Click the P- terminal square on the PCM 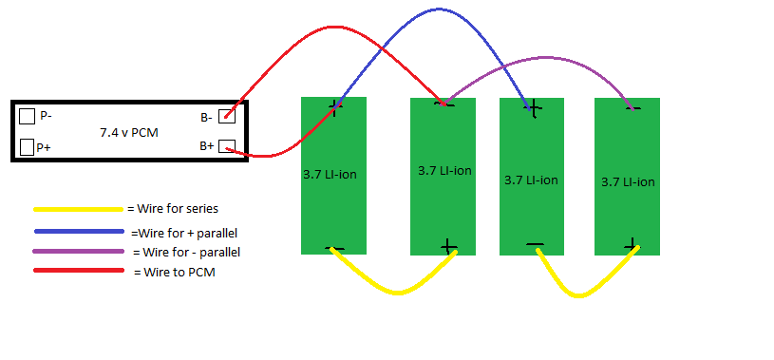point(28,117)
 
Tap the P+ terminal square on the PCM point(28,146)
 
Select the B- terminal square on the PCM point(227,116)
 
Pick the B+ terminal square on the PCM point(227,146)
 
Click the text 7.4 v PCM point(129,132)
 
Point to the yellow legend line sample point(78,209)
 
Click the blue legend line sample point(79,231)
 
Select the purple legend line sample point(78,252)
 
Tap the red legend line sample point(79,270)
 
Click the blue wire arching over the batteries point(439,9)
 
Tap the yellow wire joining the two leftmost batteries point(396,294)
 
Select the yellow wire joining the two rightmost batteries point(578,295)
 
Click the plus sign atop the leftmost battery point(335,107)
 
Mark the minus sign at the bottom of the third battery point(535,244)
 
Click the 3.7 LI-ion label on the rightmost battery point(628,181)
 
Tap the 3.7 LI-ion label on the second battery point(444,170)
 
